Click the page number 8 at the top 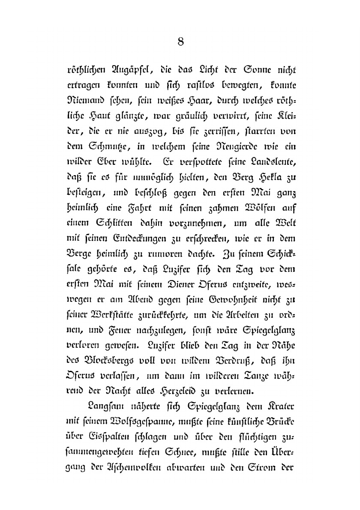point(180,41)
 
